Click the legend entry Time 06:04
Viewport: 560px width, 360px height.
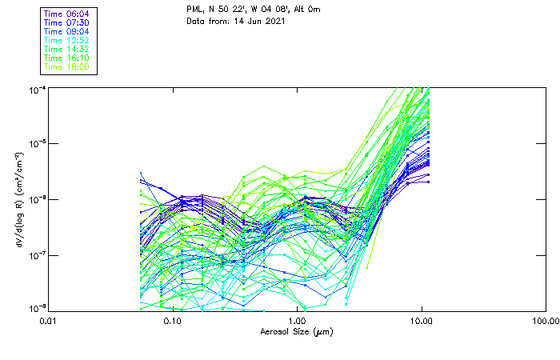click(66, 14)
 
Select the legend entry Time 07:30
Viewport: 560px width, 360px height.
click(66, 23)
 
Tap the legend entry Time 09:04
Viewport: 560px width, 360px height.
click(66, 32)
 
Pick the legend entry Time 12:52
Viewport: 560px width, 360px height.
click(66, 41)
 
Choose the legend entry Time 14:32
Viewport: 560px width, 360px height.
click(66, 50)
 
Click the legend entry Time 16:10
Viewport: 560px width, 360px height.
click(66, 58)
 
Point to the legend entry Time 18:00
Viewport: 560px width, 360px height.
click(66, 67)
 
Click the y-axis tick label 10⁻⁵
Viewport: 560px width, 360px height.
click(37, 143)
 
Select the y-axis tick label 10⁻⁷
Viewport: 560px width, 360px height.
click(37, 254)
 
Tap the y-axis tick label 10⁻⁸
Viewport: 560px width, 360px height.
click(37, 308)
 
